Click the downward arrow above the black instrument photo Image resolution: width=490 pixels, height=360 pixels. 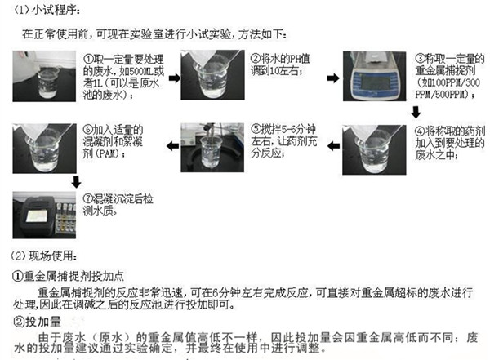click(x=74, y=181)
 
